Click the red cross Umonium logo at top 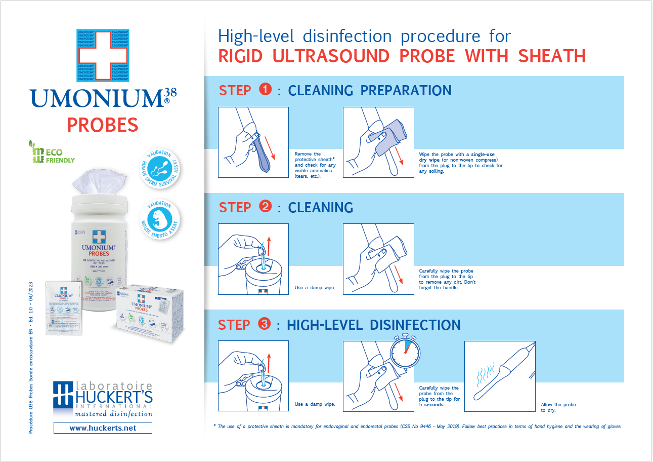(103, 55)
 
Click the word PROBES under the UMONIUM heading (103, 124)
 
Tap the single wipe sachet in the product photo (64, 308)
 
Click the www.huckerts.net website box (103, 428)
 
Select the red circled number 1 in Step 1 (265, 90)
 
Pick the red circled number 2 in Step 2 (265, 207)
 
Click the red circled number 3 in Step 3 (265, 324)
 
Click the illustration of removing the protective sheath (253, 142)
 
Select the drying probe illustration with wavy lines (499, 376)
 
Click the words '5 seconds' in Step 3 (431, 404)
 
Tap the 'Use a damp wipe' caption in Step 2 (315, 288)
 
